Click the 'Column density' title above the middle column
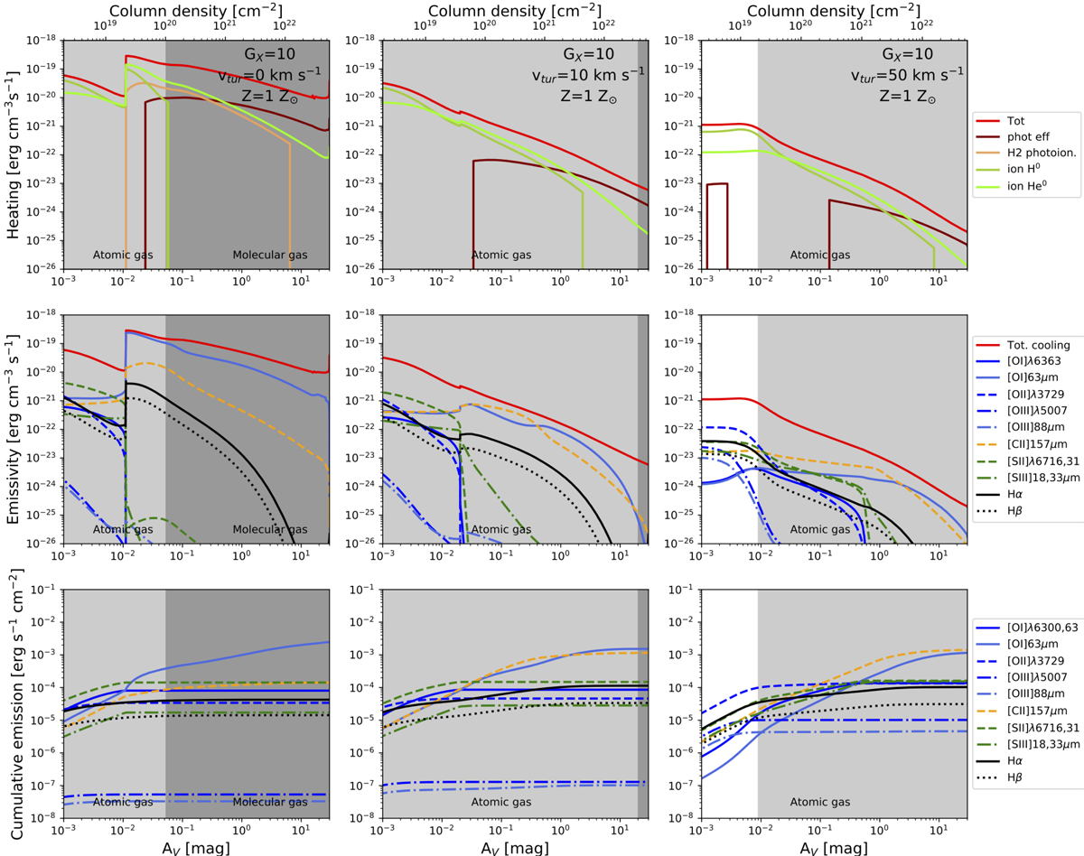[x=515, y=11]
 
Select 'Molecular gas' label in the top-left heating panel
[x=270, y=255]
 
